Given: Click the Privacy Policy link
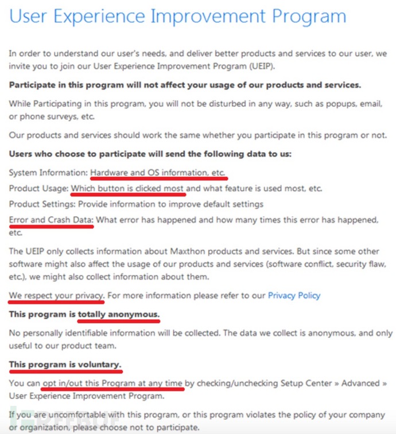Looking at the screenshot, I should coord(294,296).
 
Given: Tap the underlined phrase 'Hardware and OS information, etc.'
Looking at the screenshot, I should coord(158,173).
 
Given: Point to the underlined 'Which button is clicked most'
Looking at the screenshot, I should coord(127,188).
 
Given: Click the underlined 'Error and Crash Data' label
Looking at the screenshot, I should coord(51,219).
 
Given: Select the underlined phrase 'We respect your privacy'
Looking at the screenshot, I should coord(56,296).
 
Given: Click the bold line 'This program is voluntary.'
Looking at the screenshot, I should coord(65,365).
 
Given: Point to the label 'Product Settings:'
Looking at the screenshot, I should coord(42,204).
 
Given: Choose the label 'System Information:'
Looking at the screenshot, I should coord(48,173).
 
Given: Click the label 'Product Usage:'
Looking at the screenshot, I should coord(38,188).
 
